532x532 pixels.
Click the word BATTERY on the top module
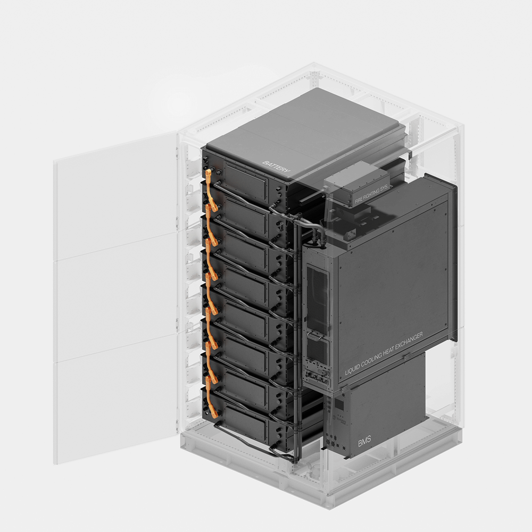[276, 167]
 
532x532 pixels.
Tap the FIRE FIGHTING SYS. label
[371, 194]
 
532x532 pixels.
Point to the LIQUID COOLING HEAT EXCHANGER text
[384, 354]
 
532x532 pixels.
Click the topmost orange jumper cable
[211, 190]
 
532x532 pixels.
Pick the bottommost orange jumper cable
[211, 397]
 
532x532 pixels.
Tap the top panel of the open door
[115, 195]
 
